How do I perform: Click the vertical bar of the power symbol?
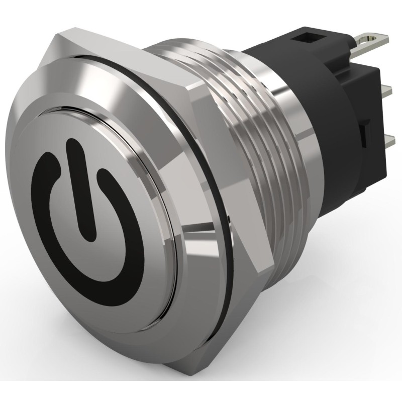(82, 191)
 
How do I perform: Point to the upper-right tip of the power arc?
(103, 175)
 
